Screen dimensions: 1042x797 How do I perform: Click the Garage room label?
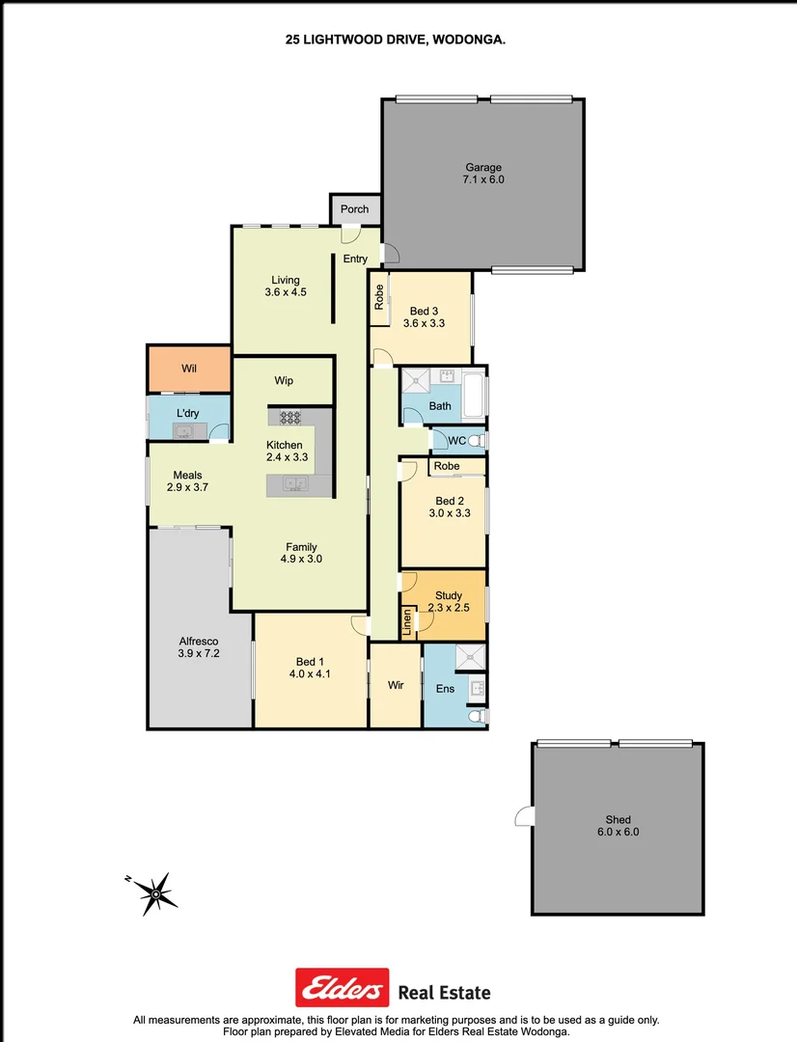coord(483,168)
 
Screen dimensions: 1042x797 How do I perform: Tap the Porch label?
coord(354,208)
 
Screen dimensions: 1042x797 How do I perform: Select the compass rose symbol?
coord(155,892)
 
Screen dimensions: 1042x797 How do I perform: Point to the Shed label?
coord(618,820)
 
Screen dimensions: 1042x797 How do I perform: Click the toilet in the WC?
coord(474,441)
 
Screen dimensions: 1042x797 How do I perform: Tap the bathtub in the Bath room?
coord(476,394)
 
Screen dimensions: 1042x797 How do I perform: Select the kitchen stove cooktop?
coord(289,418)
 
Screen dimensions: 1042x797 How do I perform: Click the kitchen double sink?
coord(295,484)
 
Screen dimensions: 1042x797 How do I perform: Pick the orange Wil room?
coord(188,368)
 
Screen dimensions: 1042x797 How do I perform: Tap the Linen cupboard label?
coord(407,621)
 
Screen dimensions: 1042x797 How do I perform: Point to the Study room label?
coord(448,595)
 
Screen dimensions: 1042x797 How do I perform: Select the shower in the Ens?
coord(471,657)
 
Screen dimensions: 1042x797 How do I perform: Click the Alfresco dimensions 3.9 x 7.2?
coord(199,653)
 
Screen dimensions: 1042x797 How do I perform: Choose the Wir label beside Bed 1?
coord(396,685)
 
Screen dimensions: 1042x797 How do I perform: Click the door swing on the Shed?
coord(523,817)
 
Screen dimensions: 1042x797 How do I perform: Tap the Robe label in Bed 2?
coord(446,466)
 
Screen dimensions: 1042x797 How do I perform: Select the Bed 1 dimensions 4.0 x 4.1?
coord(310,674)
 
